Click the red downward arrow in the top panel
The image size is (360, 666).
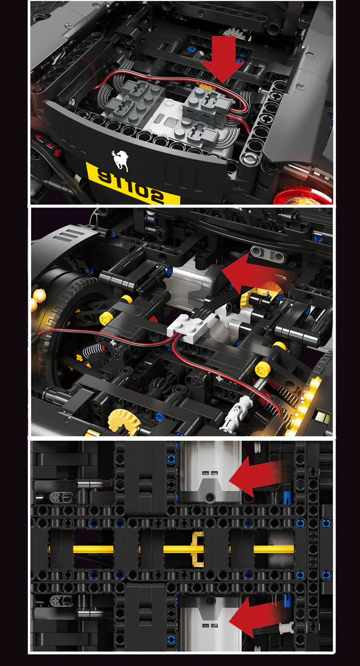(x=222, y=61)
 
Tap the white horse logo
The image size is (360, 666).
(x=120, y=160)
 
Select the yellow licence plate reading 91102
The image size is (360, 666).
(x=133, y=183)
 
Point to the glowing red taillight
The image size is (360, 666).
(x=303, y=197)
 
